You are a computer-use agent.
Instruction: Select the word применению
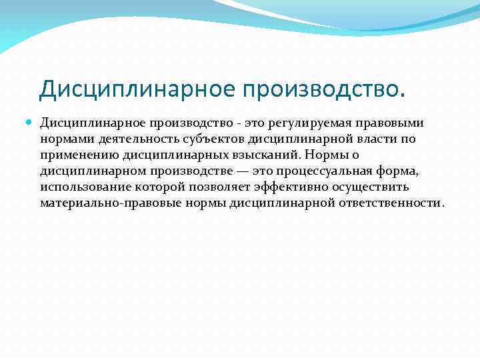click(72, 155)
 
